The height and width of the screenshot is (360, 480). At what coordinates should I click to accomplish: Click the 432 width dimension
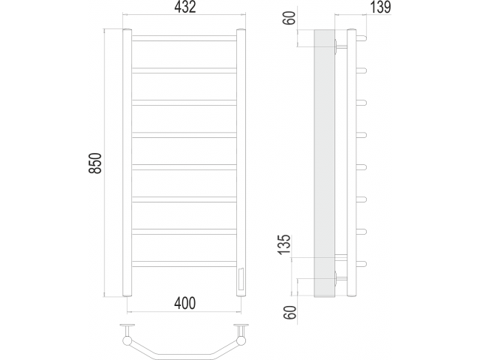(x=185, y=7)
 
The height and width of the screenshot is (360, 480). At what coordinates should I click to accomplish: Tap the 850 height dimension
(x=95, y=163)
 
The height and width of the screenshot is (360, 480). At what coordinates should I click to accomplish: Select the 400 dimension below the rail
(x=184, y=303)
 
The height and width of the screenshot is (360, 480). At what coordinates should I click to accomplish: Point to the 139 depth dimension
(x=381, y=7)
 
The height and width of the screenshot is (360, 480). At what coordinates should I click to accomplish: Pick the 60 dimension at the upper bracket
(x=291, y=18)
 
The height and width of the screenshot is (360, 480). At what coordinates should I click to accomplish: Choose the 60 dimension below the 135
(x=290, y=313)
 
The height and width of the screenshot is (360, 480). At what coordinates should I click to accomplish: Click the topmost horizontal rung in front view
(x=184, y=38)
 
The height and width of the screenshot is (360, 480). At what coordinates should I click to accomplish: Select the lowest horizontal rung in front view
(x=184, y=264)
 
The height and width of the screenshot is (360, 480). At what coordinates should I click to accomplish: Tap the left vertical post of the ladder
(x=127, y=163)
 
